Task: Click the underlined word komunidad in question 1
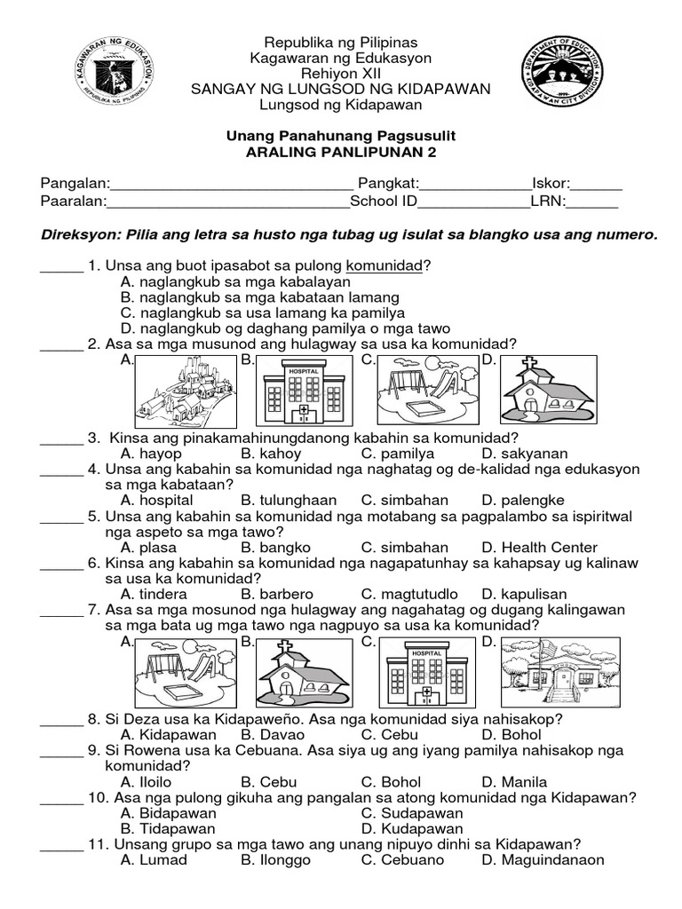tap(385, 266)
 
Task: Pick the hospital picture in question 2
tap(304, 391)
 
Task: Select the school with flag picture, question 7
tap(546, 671)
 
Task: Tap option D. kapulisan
tap(525, 594)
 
